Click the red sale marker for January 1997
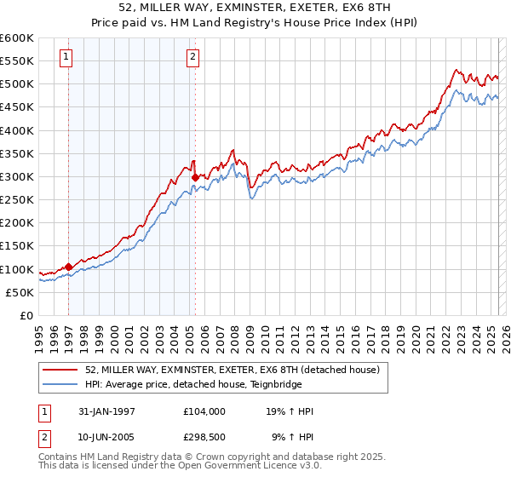tap(69, 267)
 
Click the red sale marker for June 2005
tap(195, 177)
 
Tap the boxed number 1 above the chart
tap(66, 57)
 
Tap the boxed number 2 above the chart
tap(193, 57)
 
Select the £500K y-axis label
tap(17, 84)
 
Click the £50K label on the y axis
tap(20, 292)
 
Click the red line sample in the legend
tap(60, 370)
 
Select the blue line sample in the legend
tap(60, 383)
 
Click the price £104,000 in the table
tap(204, 411)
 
